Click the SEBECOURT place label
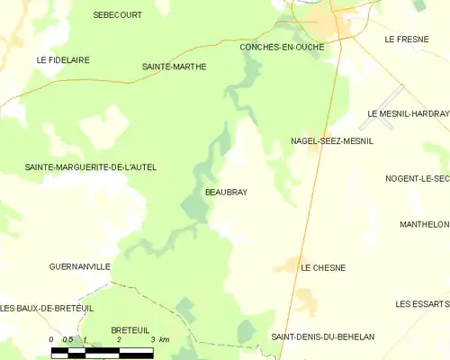point(117,15)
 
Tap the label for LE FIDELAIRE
point(63,59)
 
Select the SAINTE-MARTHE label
point(175,67)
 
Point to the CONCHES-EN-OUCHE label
point(282,46)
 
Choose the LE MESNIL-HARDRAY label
point(408,113)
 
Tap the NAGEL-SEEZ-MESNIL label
point(331,141)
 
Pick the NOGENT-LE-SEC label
point(417,179)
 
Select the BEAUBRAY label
point(220,193)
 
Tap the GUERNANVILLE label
point(80,267)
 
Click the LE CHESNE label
point(323,268)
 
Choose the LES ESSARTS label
point(421,304)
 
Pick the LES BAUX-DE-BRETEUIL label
point(47,309)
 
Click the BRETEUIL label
point(130,330)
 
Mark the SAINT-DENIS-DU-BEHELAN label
point(322,337)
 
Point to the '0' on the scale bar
point(52,339)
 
